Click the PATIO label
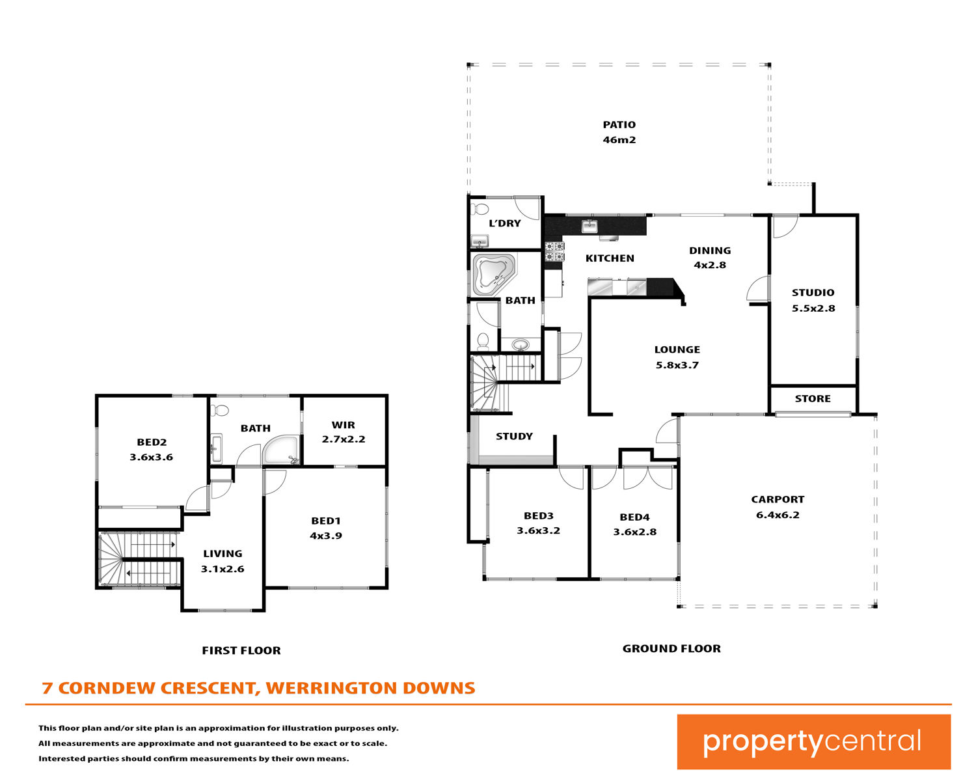tap(619, 125)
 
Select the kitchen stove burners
tap(554, 252)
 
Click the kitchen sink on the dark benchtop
tap(590, 226)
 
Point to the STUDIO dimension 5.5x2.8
tap(813, 308)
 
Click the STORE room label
tap(813, 399)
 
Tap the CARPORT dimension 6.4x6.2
tap(778, 515)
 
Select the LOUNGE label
tap(677, 349)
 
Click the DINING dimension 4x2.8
tap(710, 265)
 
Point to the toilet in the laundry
tap(480, 209)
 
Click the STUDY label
tap(514, 437)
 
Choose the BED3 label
tap(539, 516)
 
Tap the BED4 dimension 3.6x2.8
tap(635, 532)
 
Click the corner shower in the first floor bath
tap(281, 450)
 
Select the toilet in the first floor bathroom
tap(220, 410)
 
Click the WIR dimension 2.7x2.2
tap(344, 439)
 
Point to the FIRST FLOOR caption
tap(241, 651)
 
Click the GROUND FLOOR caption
tap(671, 649)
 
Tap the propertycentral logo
tap(813, 742)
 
